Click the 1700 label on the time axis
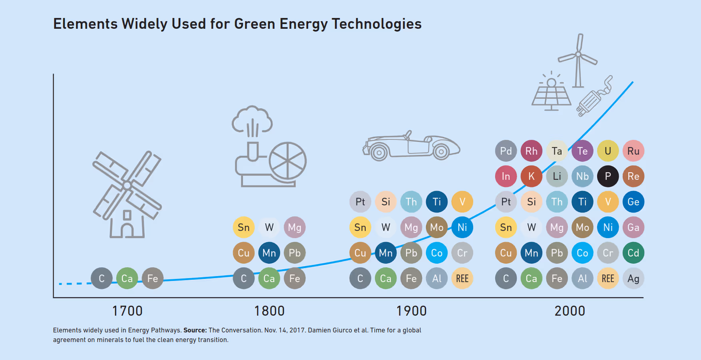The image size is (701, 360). (127, 311)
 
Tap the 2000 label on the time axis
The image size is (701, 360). (570, 311)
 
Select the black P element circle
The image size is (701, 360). (608, 176)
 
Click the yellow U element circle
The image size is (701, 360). (608, 151)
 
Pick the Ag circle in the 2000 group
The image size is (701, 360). (633, 278)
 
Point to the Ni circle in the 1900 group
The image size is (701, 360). (462, 227)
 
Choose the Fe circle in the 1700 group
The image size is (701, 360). (153, 278)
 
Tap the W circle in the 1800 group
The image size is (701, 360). (269, 227)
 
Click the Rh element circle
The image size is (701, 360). (531, 151)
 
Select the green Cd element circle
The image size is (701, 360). (633, 253)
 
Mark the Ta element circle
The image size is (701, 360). (557, 151)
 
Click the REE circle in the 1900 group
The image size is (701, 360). (462, 278)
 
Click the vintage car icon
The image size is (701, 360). (412, 146)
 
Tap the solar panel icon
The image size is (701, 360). (552, 94)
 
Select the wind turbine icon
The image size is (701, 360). (578, 60)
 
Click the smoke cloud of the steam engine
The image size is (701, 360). (252, 119)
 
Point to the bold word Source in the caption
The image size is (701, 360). (195, 330)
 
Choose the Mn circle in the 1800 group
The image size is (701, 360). (269, 253)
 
